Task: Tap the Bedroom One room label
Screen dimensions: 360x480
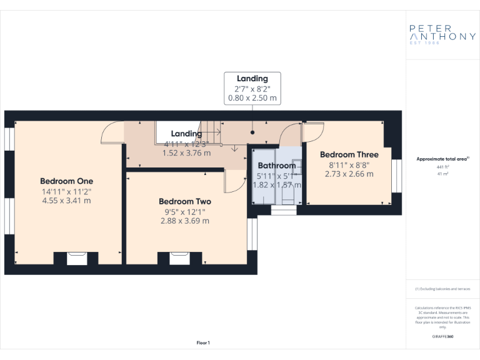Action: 67,181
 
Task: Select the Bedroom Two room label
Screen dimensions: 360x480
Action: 184,201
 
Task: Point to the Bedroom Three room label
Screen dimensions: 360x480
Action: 349,154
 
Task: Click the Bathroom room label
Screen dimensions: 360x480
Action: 276,166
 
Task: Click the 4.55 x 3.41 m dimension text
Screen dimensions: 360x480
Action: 67,201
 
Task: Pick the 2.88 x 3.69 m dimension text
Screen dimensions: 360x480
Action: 184,221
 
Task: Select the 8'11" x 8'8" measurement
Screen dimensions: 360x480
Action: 349,164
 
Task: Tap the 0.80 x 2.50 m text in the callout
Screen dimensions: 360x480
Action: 252,98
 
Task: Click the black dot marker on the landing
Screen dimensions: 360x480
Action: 252,132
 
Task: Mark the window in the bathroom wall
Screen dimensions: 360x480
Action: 284,211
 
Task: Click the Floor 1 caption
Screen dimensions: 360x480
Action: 203,342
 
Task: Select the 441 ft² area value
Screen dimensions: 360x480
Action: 442,167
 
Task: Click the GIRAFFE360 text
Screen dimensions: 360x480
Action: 442,336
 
